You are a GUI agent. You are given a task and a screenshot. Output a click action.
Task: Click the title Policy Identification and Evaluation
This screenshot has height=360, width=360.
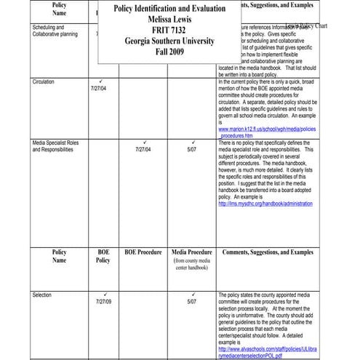click(x=165, y=8)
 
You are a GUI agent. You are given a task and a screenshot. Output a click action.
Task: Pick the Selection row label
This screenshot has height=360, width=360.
click(x=42, y=296)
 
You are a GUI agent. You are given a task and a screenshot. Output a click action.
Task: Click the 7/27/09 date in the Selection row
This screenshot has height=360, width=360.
click(x=103, y=301)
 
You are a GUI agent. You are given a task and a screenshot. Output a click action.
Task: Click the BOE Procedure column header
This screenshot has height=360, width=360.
click(x=143, y=252)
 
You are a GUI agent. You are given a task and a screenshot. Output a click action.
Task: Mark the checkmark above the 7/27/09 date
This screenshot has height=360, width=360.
click(x=103, y=293)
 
